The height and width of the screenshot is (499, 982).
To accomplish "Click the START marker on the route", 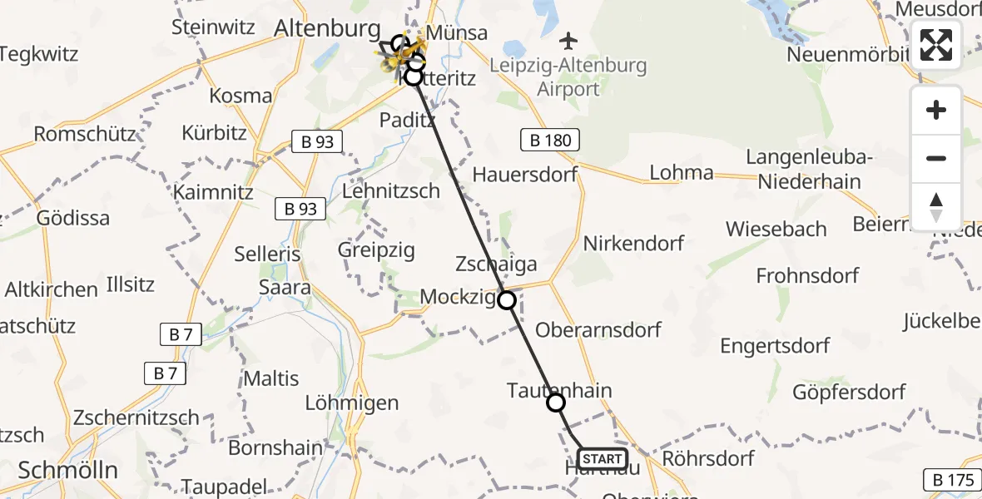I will click(x=602, y=458).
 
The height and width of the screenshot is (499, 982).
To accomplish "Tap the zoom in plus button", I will click(x=936, y=110).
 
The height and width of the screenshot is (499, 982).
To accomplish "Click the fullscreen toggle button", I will click(x=936, y=45).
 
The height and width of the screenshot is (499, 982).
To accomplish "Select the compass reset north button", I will click(x=936, y=207).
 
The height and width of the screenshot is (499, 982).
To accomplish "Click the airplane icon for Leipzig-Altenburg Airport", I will click(x=568, y=40).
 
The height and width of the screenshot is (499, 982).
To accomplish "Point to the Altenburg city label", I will click(x=326, y=29).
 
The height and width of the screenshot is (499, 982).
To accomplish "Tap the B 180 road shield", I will click(x=551, y=141).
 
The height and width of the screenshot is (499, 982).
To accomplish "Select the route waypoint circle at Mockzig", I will click(x=507, y=300).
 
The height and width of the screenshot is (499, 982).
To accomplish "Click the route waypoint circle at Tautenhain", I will click(x=556, y=403).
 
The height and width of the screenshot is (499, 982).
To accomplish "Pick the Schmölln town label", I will click(x=68, y=470).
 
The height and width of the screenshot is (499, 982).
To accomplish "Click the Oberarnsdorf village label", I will click(x=598, y=329).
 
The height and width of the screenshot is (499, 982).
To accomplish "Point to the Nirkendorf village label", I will click(x=633, y=244).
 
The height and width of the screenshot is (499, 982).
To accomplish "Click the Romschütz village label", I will click(x=85, y=134).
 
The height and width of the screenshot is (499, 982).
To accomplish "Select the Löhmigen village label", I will click(x=352, y=404).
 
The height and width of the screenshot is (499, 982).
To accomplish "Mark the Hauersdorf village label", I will click(x=524, y=175).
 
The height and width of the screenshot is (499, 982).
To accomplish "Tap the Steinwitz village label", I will click(x=213, y=27).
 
